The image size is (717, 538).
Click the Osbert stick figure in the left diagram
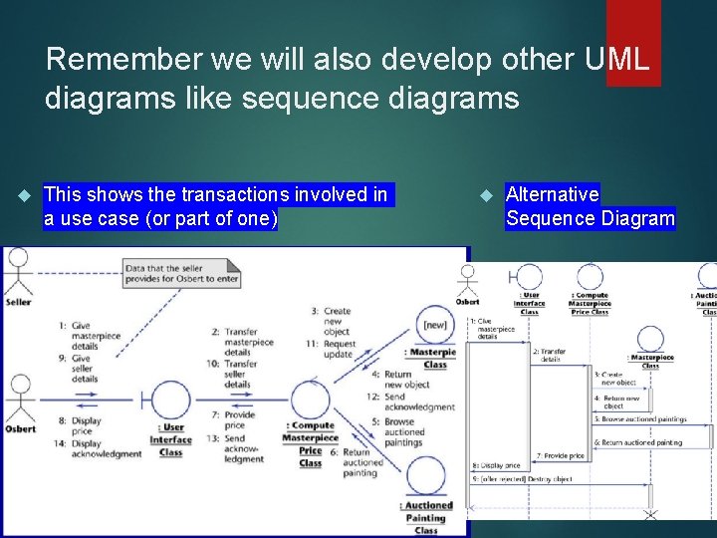(20, 397)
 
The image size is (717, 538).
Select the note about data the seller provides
(182, 273)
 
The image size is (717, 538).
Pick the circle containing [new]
(434, 326)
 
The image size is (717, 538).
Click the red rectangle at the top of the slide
(633, 43)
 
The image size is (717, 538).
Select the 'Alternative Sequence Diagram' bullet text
(590, 206)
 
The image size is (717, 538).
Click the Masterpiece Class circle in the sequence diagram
(650, 340)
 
